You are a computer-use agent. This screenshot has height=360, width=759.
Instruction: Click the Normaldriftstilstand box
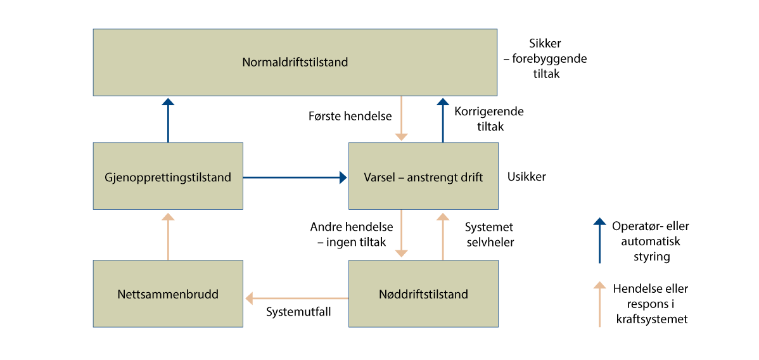295,62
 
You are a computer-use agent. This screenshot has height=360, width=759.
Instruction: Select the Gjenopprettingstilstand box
168,176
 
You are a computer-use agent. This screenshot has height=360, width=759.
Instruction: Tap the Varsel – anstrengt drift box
423,176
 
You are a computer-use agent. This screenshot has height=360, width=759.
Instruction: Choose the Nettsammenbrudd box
168,294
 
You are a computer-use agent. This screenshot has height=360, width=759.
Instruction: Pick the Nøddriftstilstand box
423,294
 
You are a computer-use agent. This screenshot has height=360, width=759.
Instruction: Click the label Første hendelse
350,117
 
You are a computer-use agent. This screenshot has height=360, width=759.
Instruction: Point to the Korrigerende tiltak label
488,119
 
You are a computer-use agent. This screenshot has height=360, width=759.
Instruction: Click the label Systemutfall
298,312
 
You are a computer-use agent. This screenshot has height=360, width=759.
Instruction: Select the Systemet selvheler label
489,235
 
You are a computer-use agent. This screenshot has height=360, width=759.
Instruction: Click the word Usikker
526,177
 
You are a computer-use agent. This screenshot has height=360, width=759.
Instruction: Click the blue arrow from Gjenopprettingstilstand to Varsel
295,177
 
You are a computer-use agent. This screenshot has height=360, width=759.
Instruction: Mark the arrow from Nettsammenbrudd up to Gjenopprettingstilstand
168,236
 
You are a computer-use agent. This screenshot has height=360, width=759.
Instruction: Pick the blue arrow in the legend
599,240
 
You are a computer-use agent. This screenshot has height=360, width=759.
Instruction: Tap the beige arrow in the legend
599,304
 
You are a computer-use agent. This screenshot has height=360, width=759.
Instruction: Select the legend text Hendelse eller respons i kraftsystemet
651,304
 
